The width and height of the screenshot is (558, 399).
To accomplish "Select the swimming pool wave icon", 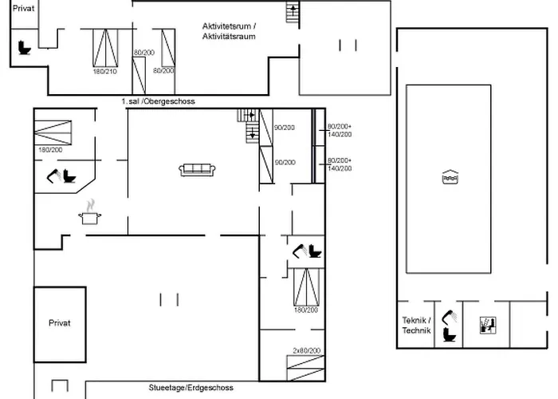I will pos(448,178).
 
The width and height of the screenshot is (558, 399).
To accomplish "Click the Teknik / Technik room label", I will pos(416,325).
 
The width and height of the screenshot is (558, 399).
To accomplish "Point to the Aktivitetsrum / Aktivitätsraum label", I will pos(229,31).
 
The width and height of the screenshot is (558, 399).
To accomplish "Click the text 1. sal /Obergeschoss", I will pos(158,102).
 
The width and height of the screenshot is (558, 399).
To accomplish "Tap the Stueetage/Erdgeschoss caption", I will pos(191,388).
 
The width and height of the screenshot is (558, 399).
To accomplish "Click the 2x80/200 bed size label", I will pos(305,350).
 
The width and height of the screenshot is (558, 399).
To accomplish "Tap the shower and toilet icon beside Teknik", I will pos(450,325).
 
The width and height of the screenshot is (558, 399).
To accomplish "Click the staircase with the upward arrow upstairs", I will pos(293,13).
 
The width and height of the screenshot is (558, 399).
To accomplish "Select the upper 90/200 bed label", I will pos(285,128).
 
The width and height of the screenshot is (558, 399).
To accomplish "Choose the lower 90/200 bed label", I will pos(285,162).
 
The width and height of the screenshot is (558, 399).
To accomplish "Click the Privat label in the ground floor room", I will pos(60,323).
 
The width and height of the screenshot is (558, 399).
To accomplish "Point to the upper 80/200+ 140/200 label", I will pos(340,130).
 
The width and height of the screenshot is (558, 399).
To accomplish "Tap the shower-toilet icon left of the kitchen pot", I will pos(62,176).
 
